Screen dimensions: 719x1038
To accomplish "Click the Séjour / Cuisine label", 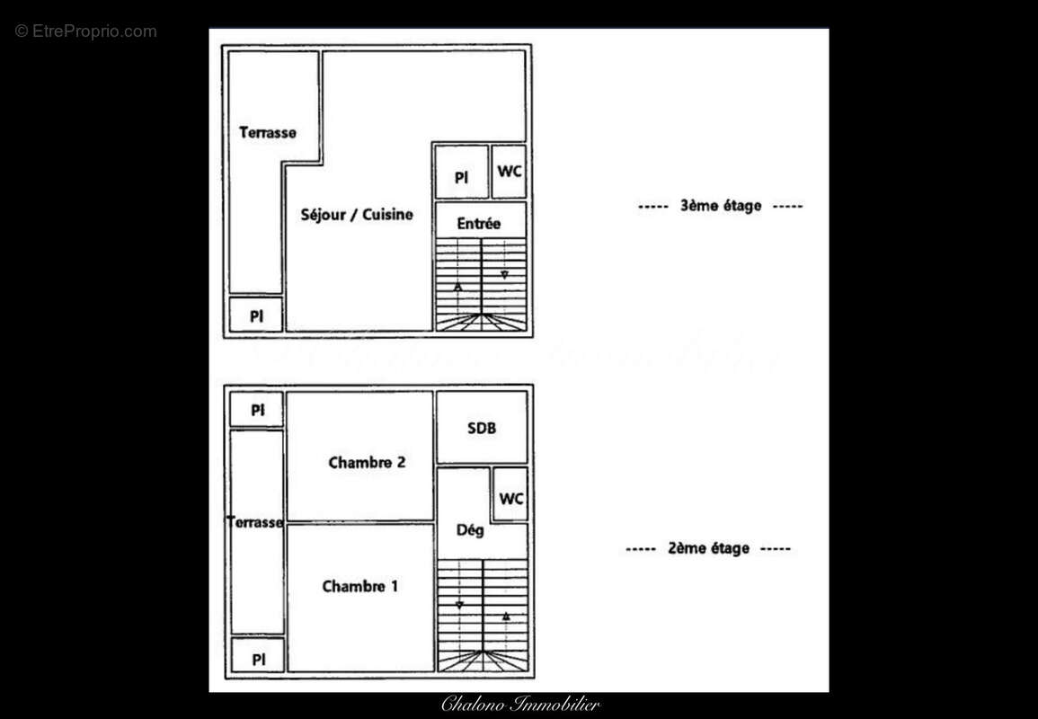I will tap(357, 215).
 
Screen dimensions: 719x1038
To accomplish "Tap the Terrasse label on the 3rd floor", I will tap(267, 133).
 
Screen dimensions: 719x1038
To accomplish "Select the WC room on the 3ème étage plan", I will tap(510, 171).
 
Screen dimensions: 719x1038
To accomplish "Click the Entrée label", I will tap(478, 224).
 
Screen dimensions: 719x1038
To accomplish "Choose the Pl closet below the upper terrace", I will tap(256, 315).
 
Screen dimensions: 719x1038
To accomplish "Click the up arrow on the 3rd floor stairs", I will tap(458, 287).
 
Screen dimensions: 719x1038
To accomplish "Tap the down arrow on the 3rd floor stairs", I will tap(504, 274).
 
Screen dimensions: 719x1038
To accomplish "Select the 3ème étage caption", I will tap(720, 206).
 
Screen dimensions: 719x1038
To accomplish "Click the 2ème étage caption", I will tap(708, 548).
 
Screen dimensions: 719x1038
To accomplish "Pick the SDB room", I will tap(482, 428).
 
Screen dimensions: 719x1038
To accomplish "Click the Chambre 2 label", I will tap(367, 463).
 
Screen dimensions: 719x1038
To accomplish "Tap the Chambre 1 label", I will tap(359, 587).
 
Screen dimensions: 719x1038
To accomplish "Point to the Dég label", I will tap(470, 530).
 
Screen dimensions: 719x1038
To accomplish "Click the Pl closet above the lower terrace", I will tap(258, 410).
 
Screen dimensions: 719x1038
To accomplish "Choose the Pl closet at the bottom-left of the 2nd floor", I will tap(258, 659).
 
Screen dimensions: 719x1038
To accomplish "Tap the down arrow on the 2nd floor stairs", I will tap(460, 605).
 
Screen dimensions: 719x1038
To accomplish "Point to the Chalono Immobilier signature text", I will tap(519, 705).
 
